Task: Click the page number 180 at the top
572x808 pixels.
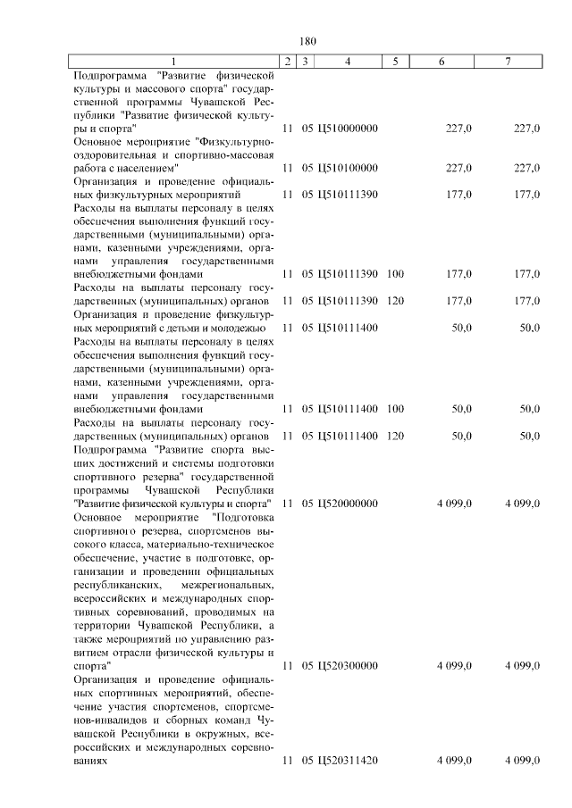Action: (308, 41)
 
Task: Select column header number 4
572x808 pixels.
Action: (348, 61)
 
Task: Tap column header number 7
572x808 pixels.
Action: (508, 61)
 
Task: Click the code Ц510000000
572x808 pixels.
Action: (348, 129)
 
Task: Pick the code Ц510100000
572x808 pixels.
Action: (348, 168)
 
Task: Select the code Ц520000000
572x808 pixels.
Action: (348, 504)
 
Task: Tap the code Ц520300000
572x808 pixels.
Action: (348, 666)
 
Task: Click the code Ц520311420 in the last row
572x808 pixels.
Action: (348, 761)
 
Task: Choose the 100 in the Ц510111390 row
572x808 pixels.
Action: (395, 275)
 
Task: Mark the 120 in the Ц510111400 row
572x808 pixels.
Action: (395, 436)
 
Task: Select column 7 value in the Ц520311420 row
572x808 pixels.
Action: (522, 761)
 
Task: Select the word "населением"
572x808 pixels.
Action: (148, 168)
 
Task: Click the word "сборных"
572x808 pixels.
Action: (179, 720)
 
